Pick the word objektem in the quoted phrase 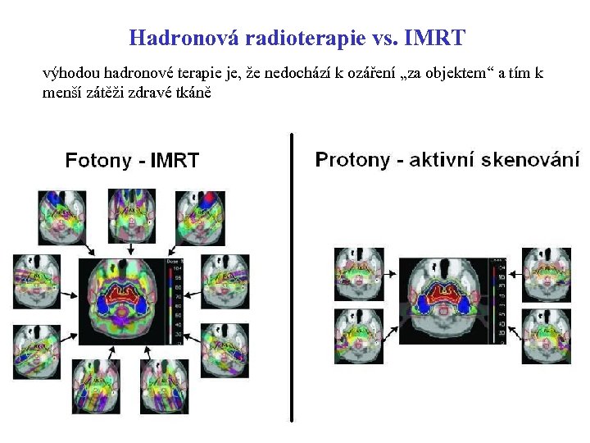tap(452, 73)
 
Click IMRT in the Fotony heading tap(175, 160)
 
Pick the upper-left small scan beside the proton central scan tap(359, 273)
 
